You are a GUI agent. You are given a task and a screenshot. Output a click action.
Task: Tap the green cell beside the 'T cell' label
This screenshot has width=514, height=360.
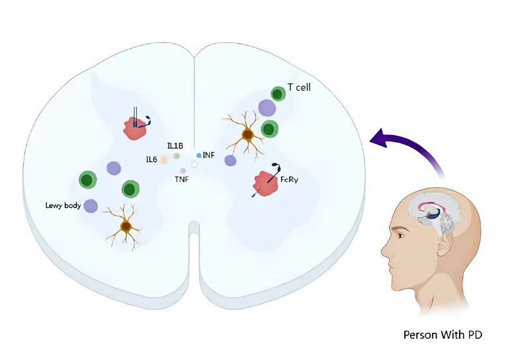point(278,94)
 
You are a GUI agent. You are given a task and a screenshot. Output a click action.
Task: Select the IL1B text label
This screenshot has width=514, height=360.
point(175,146)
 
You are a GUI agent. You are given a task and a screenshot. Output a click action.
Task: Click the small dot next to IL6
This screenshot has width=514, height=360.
point(163,159)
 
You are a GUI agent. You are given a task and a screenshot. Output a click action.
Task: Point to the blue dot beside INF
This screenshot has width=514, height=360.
point(199,155)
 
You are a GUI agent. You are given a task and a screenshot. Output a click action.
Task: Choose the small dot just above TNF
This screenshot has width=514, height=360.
point(183,171)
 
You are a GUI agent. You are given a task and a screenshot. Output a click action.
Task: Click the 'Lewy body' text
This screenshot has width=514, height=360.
point(63,206)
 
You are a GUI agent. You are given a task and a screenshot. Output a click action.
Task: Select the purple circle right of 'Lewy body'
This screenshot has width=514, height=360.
point(91,206)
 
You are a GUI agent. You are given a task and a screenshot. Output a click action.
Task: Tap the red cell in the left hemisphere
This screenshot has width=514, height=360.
point(135,127)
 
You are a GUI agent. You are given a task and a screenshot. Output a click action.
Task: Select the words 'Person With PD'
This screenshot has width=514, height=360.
point(443,335)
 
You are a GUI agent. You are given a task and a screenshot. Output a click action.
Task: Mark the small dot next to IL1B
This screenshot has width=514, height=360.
point(177,156)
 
